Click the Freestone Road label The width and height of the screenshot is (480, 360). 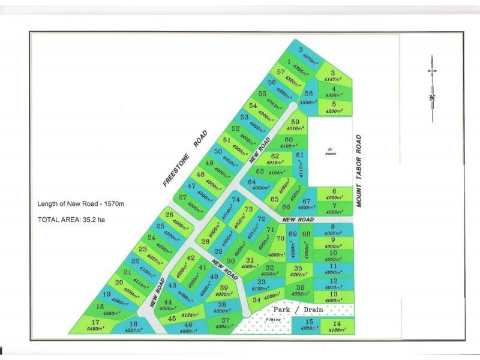[185, 159]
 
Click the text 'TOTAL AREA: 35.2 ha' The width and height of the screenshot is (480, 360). [74, 219]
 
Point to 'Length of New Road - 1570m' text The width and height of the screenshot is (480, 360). [80, 204]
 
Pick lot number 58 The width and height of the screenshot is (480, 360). [309, 93]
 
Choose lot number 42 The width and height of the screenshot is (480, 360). [191, 258]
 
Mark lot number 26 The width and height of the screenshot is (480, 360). [169, 214]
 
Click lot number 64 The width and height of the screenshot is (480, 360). [252, 182]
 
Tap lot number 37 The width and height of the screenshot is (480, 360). [225, 320]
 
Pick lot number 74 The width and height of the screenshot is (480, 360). [236, 200]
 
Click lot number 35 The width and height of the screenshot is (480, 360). [298, 268]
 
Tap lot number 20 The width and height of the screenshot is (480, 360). [119, 282]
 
